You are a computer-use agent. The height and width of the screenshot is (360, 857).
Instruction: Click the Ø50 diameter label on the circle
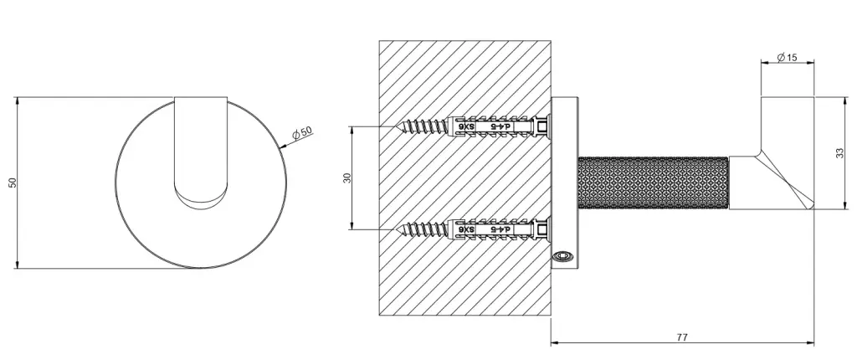coord(302,131)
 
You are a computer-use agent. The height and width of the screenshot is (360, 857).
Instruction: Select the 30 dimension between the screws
coord(346,177)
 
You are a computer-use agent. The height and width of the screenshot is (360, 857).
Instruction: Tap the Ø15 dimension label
coord(787,57)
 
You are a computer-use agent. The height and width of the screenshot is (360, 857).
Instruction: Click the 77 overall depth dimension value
coord(681,337)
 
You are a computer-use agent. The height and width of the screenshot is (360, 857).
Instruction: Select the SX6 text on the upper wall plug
coord(467,127)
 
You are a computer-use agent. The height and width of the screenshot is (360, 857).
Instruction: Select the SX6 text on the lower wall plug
coord(467,229)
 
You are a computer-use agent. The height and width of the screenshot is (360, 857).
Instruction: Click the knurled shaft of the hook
coord(653,183)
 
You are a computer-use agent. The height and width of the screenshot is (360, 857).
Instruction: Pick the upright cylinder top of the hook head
coord(788,125)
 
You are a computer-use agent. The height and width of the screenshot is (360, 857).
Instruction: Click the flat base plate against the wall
coord(564,183)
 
